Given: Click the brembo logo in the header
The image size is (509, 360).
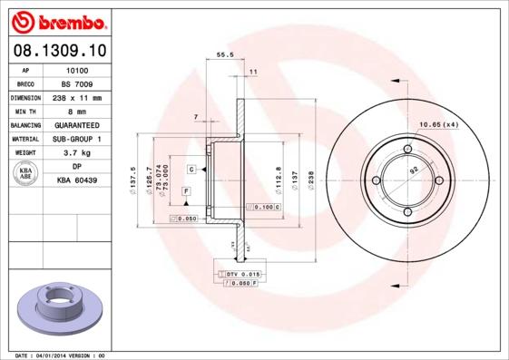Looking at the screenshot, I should point(55,20).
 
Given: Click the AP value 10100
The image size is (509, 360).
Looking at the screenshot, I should point(77,70).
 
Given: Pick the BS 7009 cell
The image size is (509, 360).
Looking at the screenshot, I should point(77,83).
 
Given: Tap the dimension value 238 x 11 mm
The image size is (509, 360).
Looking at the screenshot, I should point(77,97).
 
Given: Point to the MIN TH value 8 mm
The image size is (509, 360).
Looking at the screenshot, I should point(77,111).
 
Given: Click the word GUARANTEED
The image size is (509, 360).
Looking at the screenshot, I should point(77,124).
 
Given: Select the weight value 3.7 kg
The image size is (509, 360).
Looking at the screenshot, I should point(77,153).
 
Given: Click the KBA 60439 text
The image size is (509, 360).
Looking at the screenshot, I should point(77,181).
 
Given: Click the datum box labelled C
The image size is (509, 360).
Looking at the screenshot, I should point(192,170).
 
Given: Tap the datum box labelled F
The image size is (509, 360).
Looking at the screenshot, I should point(186,190).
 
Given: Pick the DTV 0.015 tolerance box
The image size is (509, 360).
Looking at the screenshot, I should point(241,273).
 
